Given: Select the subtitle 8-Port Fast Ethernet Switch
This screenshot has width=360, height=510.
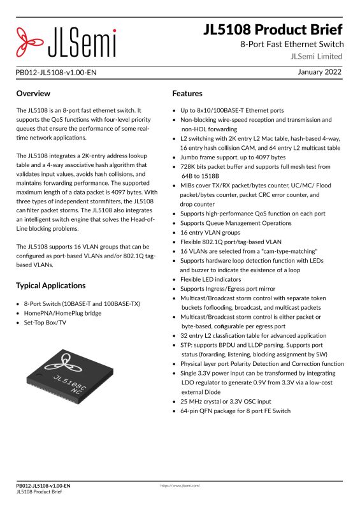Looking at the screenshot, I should coord(292,44).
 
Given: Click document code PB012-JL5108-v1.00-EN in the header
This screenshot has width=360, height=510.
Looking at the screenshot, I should coord(56,73).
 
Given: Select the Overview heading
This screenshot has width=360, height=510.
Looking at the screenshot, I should coord(33,94).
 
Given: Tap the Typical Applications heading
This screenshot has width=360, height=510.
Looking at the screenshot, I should coord(50,285).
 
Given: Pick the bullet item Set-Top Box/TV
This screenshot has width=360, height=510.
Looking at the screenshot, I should coord(45,323).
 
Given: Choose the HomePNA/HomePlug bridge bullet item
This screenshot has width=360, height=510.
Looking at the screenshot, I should coord(63,314).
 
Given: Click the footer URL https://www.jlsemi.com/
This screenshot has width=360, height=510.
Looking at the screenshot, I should coord(180,486).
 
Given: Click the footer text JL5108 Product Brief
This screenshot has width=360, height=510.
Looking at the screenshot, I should coord(39,492).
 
